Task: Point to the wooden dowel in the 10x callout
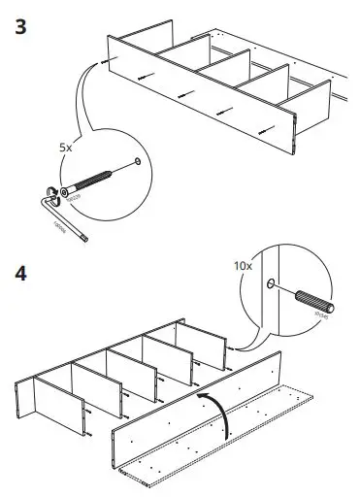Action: tap(310, 296)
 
